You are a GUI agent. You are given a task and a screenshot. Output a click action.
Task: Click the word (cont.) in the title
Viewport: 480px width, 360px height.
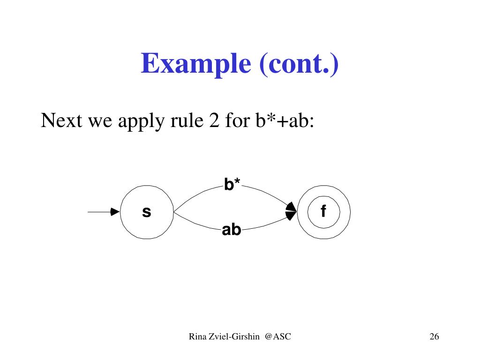297,64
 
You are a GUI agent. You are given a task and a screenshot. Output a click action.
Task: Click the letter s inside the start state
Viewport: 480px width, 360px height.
147,212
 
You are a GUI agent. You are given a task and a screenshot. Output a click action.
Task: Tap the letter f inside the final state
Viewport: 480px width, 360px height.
323,212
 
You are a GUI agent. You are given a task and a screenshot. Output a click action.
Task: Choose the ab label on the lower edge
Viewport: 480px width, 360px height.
232,230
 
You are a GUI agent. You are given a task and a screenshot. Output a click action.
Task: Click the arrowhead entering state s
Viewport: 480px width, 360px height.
115,212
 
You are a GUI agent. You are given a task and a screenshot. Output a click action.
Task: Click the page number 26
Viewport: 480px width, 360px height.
434,337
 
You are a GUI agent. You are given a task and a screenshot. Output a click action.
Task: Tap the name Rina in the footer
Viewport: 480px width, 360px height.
197,336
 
